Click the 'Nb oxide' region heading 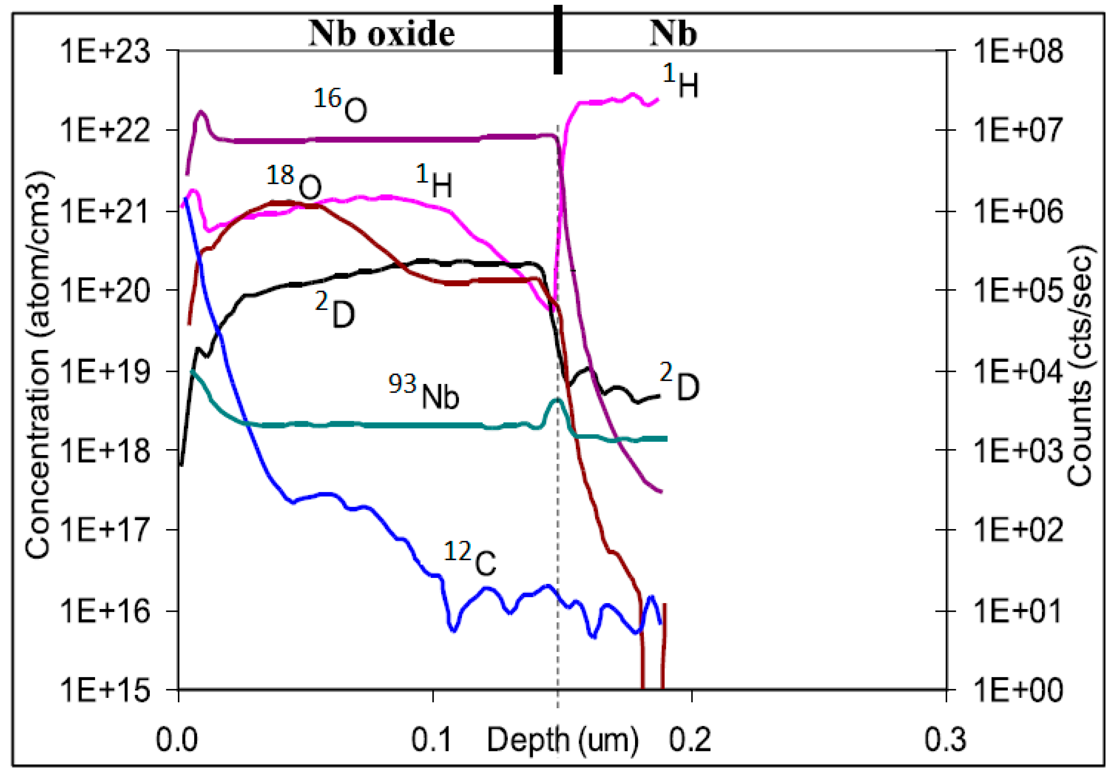pos(382,34)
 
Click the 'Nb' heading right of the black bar pos(673,34)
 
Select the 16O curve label pos(340,105)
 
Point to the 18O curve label pos(294,182)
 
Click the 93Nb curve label pos(424,392)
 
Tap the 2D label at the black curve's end pos(679,382)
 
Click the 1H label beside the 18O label pos(434,181)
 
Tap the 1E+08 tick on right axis pos(1018,50)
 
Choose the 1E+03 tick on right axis pos(1018,450)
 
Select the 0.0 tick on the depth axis pos(177,740)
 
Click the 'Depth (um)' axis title pos(562,740)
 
